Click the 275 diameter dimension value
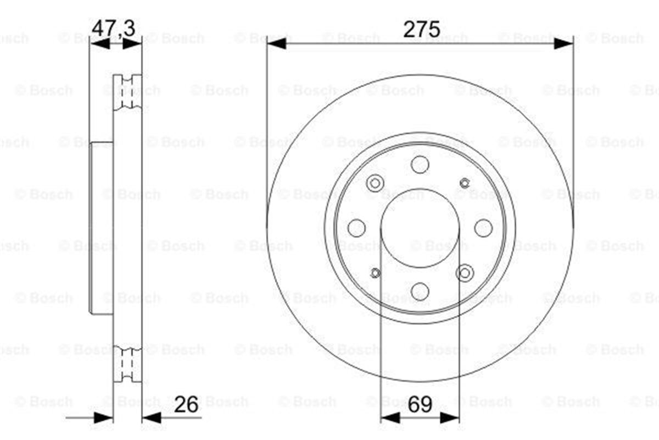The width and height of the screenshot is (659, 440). pos(422,29)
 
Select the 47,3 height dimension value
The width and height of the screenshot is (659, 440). pos(113,29)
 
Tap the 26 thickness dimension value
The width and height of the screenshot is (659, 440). pos(186,405)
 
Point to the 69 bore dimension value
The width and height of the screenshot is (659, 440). pos(420,404)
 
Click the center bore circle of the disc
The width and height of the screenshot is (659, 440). pos(420,189)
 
